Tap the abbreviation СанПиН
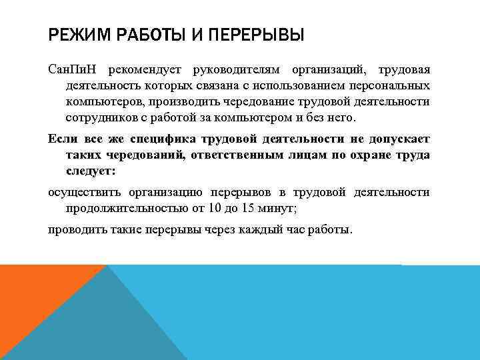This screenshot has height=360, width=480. tap(71, 71)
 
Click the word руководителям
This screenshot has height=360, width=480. tap(237, 71)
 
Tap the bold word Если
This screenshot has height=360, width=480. tap(61, 139)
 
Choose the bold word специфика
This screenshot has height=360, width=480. tap(162, 139)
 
